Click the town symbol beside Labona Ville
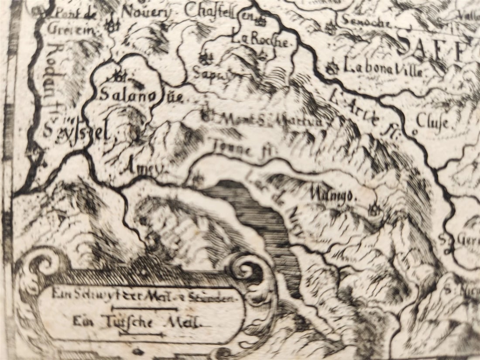[x=333, y=68]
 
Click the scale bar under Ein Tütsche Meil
[x=141, y=334]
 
